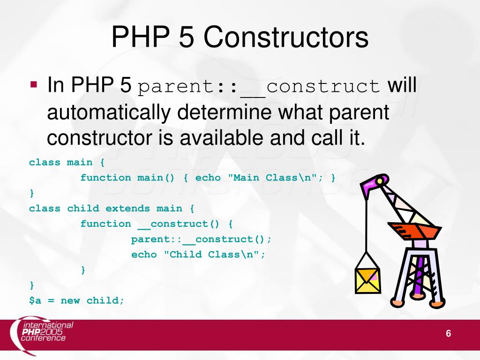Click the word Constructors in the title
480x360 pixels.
coord(286,37)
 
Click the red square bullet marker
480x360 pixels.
coord(33,85)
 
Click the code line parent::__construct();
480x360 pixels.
coord(201,240)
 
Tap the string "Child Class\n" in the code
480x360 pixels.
coord(214,255)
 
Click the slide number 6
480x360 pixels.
coord(448,334)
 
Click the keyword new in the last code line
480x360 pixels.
coord(70,300)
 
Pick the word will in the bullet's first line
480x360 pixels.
coord(402,86)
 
